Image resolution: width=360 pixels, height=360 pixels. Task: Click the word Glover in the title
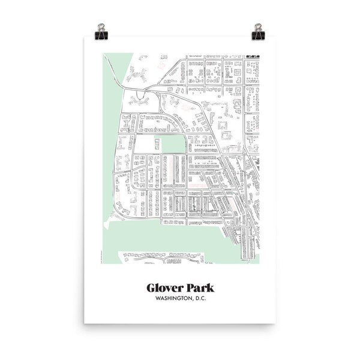(166, 287)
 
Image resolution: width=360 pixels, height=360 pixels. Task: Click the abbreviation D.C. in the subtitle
(204, 298)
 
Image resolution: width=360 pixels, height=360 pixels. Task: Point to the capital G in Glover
(152, 287)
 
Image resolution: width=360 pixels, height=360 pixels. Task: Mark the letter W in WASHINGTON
(157, 298)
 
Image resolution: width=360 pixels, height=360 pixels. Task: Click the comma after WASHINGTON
(194, 300)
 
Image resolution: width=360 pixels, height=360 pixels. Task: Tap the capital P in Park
(191, 287)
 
